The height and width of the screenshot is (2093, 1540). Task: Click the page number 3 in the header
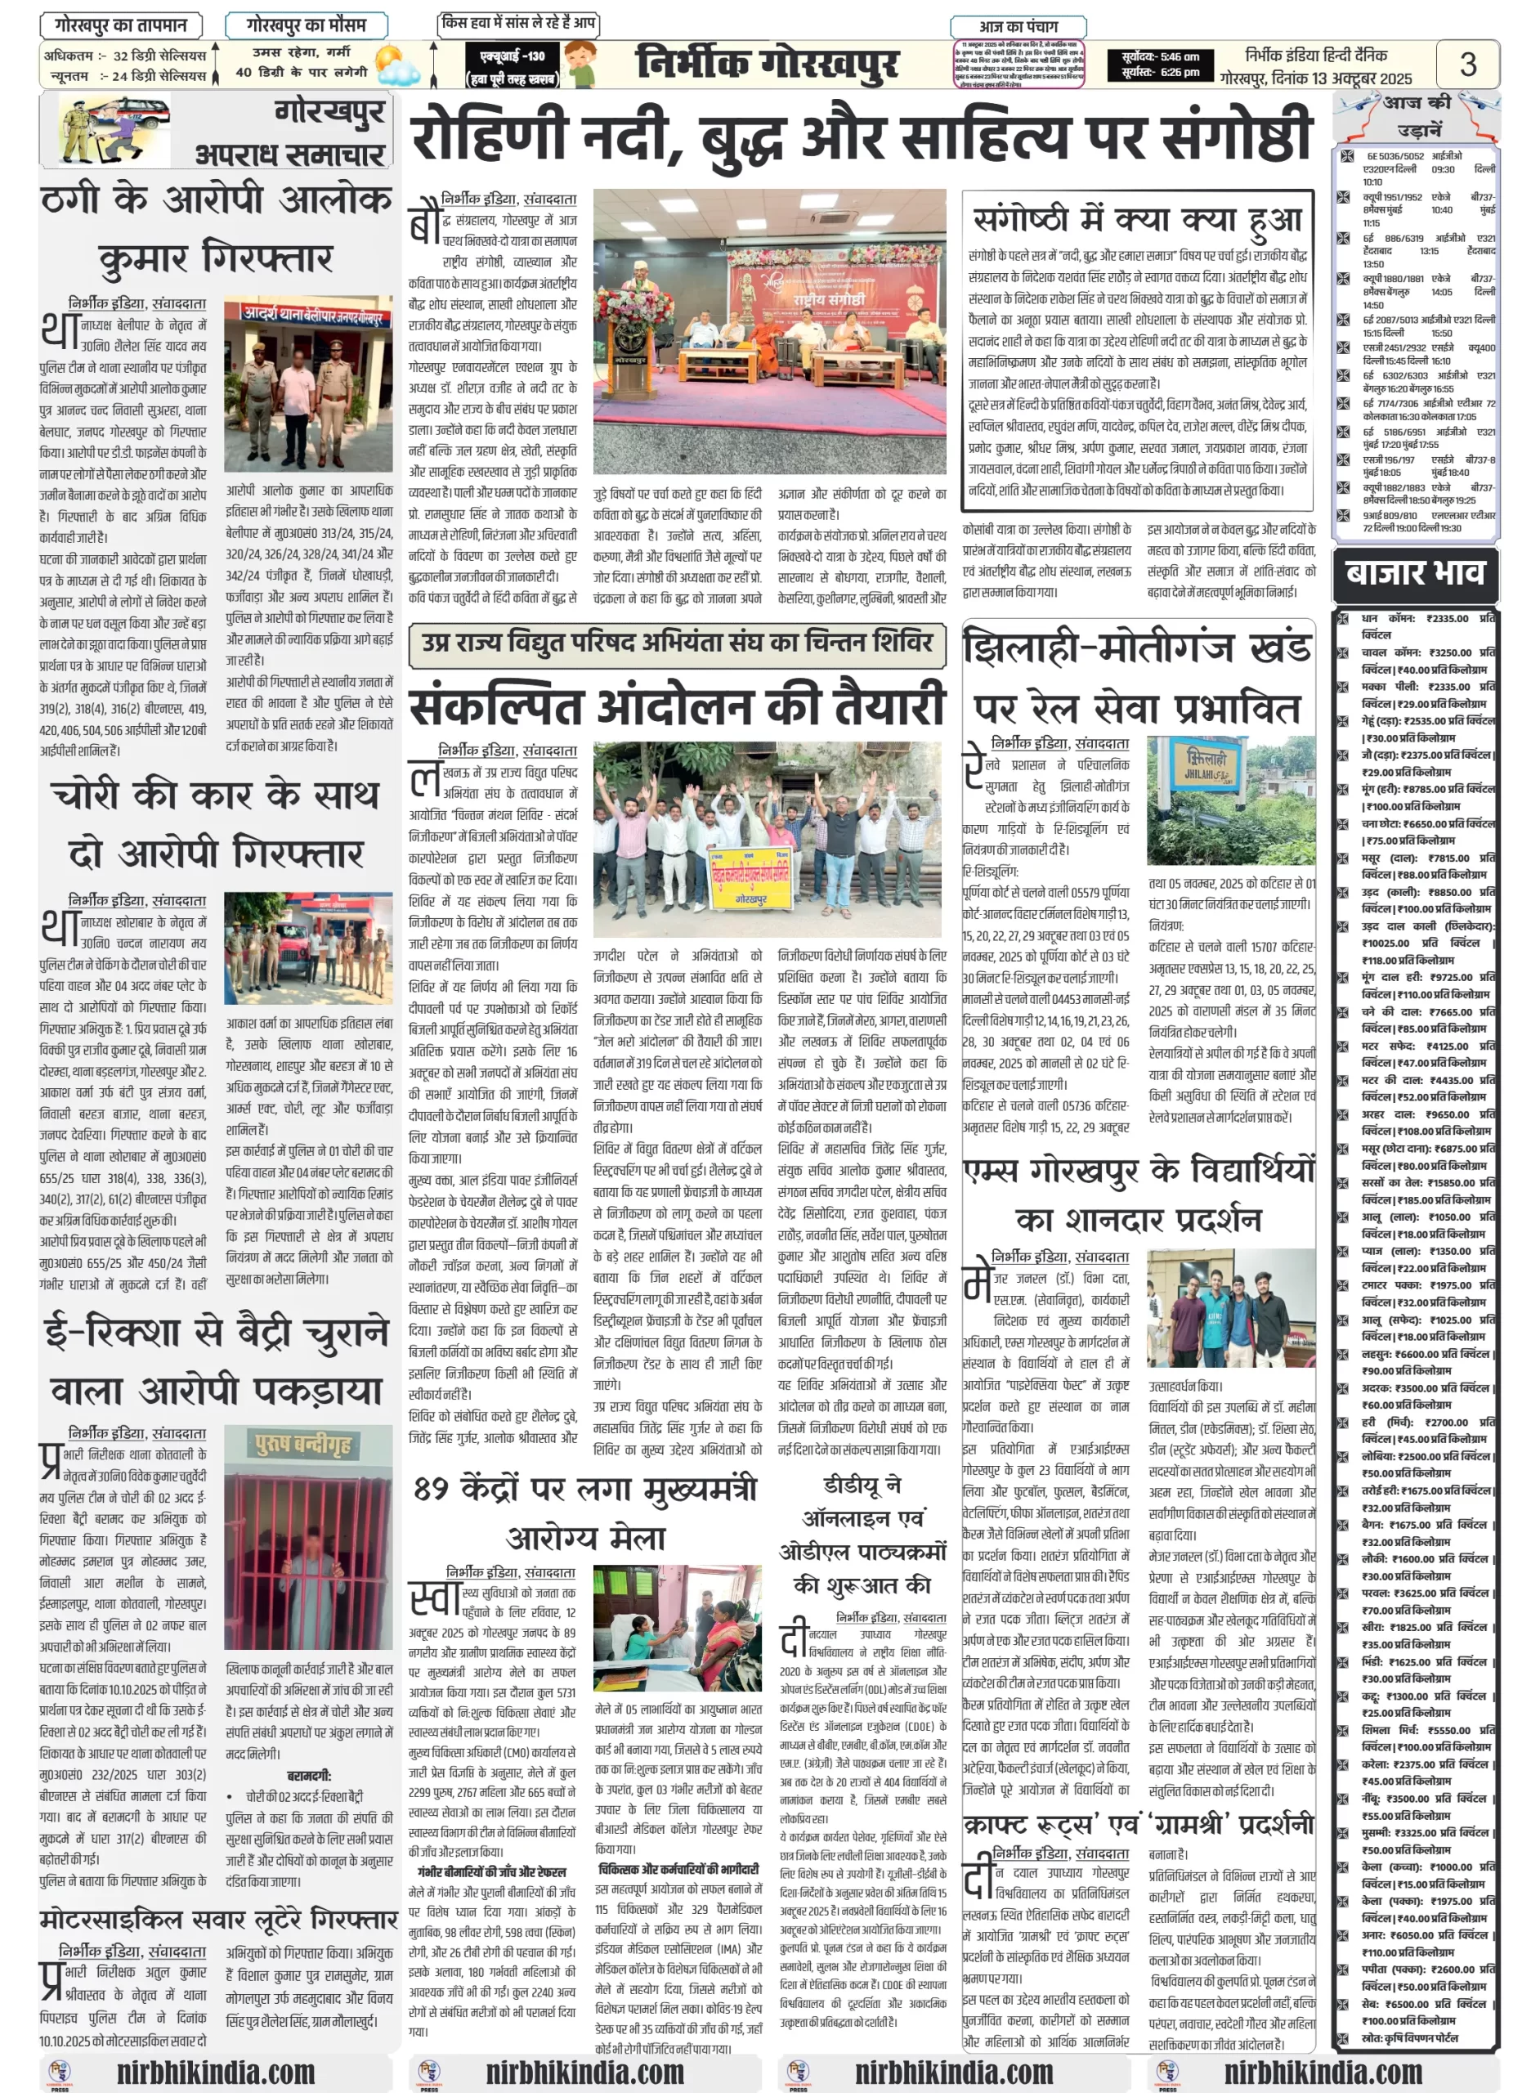tap(1467, 65)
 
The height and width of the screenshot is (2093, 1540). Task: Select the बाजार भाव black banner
tap(1414, 572)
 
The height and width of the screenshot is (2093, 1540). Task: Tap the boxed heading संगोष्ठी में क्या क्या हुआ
tap(1137, 220)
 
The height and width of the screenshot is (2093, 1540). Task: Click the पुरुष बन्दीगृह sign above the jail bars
tap(306, 1445)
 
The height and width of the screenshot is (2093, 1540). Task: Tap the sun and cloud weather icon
tap(394, 66)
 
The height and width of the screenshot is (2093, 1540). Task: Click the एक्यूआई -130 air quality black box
tap(512, 65)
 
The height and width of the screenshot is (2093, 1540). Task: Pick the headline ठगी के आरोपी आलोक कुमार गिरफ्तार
tap(217, 228)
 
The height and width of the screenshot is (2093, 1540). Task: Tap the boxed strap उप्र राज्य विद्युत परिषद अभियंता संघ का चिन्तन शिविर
tap(677, 643)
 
